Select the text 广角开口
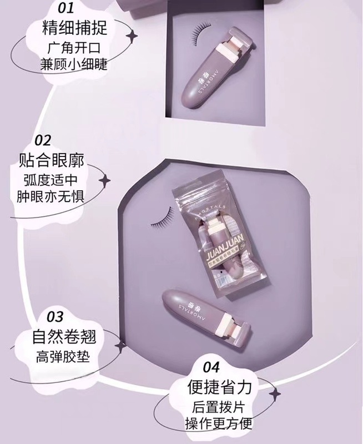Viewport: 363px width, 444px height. point(73,46)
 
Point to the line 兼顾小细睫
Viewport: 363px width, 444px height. point(73,64)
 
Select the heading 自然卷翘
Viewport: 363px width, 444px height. point(59,338)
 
